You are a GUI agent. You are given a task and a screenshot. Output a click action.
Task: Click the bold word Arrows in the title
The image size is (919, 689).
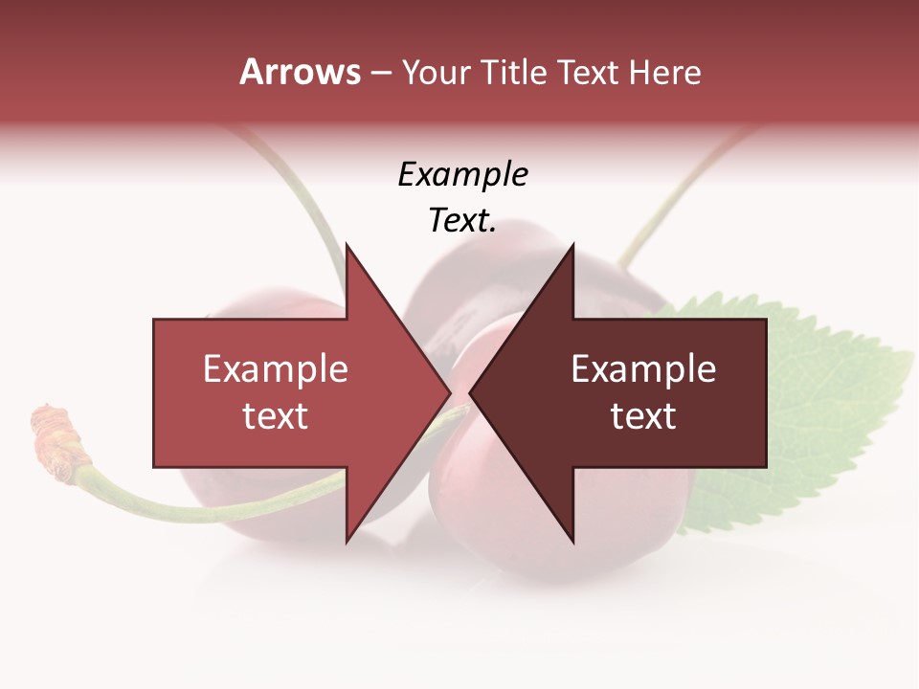[x=300, y=72]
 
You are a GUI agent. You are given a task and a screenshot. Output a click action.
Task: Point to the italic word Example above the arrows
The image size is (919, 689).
[x=462, y=175]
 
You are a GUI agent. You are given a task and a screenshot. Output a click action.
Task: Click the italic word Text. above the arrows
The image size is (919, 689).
[x=462, y=221]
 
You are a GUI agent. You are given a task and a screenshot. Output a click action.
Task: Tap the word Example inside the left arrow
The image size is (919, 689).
[x=276, y=369]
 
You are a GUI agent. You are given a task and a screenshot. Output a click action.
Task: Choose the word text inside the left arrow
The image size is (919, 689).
[x=276, y=416]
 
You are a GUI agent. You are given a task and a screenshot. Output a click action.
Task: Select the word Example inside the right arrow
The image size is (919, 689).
[x=643, y=369]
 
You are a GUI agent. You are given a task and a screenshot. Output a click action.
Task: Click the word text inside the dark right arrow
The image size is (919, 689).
[x=643, y=416]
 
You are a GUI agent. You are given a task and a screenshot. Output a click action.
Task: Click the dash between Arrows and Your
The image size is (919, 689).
[x=380, y=73]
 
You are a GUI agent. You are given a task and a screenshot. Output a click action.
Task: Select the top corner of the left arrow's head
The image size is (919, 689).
[x=347, y=245]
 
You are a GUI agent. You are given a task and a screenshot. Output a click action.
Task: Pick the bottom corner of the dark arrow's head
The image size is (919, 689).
[x=572, y=542]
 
